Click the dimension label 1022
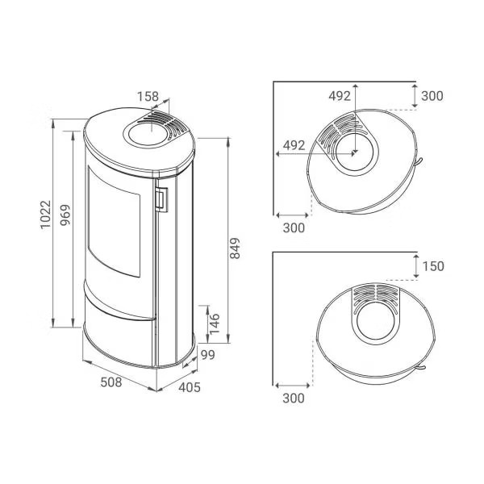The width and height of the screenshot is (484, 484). point(45,215)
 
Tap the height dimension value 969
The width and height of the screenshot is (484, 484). point(65,215)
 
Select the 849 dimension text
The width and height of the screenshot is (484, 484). point(235,248)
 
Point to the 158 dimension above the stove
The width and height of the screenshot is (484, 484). point(148,96)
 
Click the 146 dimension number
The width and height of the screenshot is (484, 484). point(215,323)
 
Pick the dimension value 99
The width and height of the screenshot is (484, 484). point(208,355)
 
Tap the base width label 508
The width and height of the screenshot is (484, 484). point(111,382)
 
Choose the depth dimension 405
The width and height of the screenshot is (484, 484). point(190,387)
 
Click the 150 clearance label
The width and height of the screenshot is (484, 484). point(433,266)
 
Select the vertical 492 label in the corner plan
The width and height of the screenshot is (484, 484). point(340,96)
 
